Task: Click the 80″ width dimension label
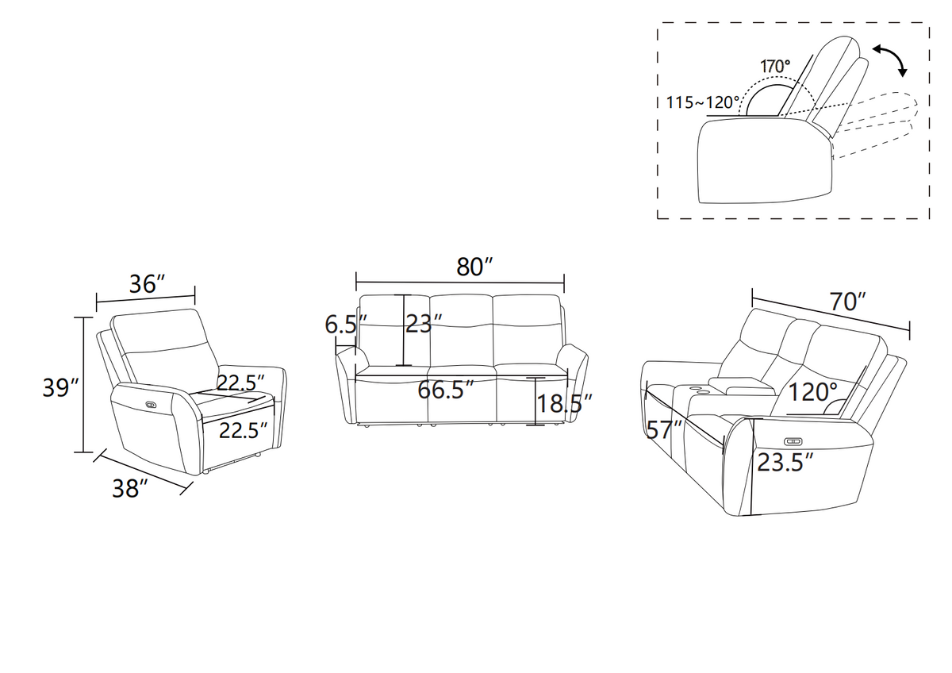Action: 474,267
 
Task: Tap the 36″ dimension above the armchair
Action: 147,284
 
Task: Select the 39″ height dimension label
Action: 61,388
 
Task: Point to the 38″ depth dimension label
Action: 130,488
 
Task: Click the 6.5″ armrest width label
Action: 346,325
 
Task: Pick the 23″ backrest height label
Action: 424,324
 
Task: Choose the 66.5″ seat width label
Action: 446,390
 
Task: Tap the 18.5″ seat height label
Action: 565,404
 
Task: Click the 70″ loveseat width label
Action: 848,302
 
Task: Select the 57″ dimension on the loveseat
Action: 664,430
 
